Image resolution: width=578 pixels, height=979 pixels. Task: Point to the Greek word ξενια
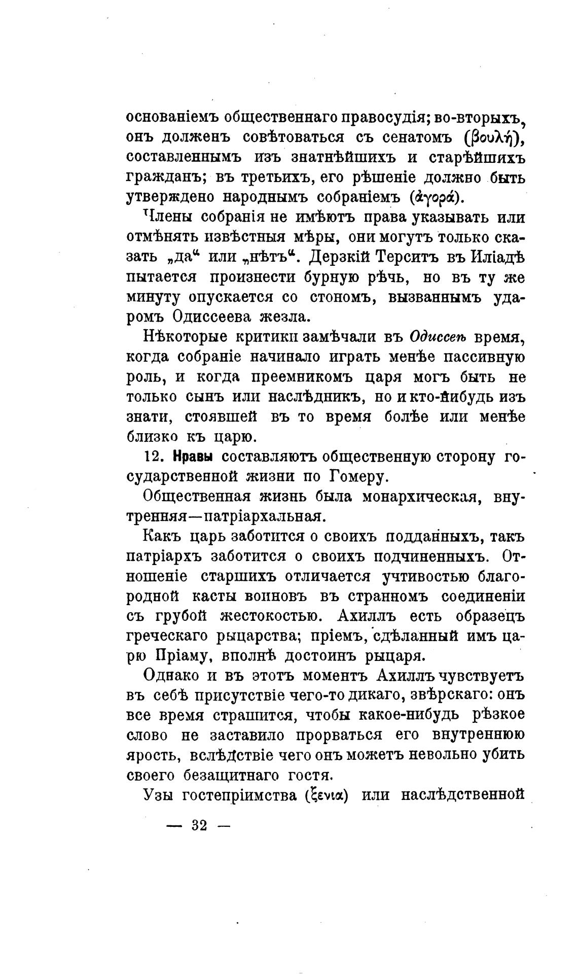click(326, 795)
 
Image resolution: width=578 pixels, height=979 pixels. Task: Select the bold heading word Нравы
click(193, 457)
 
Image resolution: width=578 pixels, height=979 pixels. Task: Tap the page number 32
click(199, 825)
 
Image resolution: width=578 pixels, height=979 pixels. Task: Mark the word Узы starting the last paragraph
click(159, 795)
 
